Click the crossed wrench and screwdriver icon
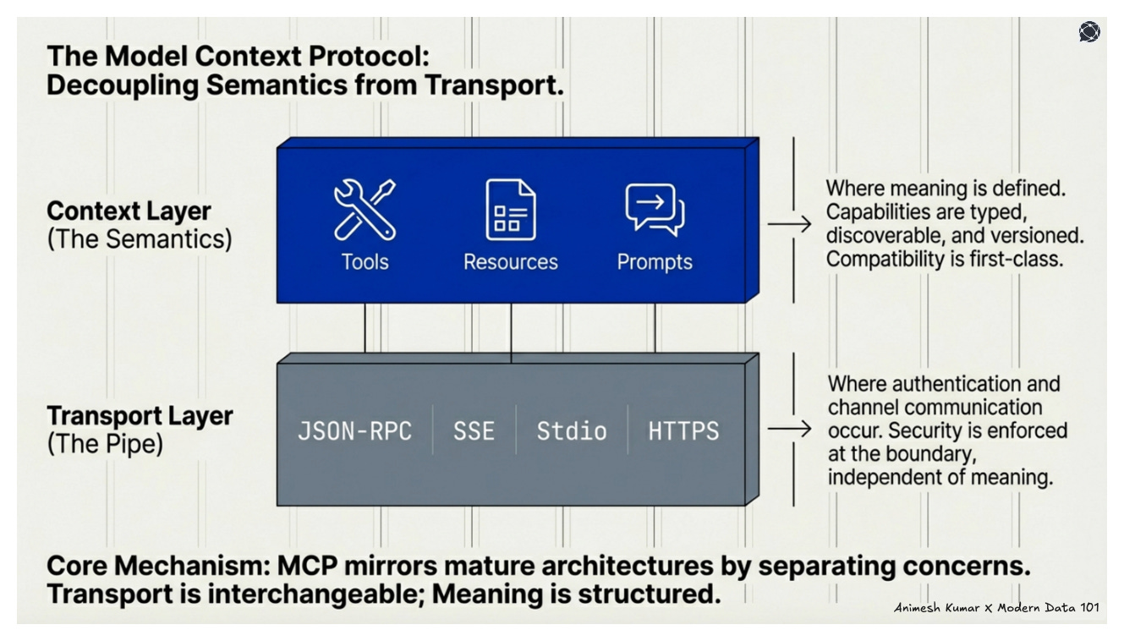click(364, 209)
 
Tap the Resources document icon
click(510, 209)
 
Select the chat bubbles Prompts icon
click(654, 209)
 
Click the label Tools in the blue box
click(365, 261)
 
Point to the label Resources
click(510, 261)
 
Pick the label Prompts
click(654, 261)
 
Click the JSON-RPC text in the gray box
click(354, 430)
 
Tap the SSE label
click(473, 430)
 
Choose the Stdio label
click(572, 430)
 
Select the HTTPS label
click(683, 430)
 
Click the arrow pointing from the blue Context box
click(788, 224)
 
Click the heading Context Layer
click(129, 211)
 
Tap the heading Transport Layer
click(140, 416)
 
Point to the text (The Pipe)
click(105, 444)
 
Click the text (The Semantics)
click(139, 238)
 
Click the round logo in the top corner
click(1089, 32)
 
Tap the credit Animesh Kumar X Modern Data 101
click(996, 608)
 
